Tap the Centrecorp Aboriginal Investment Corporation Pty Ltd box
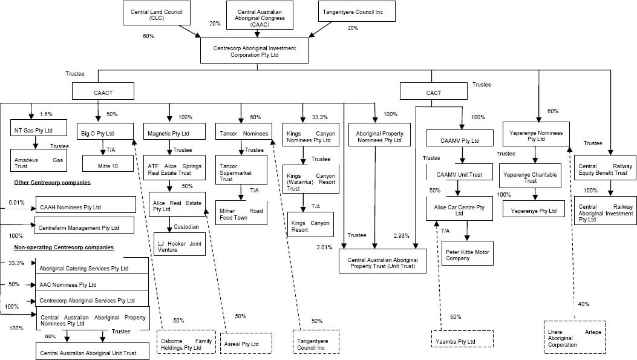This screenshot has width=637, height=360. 256,50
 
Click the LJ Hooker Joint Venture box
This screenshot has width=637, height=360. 180,243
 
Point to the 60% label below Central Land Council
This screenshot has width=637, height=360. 148,37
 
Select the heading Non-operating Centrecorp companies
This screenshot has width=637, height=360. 64,247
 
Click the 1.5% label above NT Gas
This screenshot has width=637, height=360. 46,114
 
